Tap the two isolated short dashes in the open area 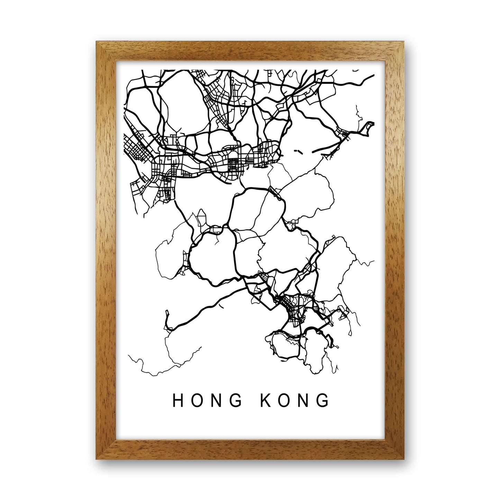[297, 151]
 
